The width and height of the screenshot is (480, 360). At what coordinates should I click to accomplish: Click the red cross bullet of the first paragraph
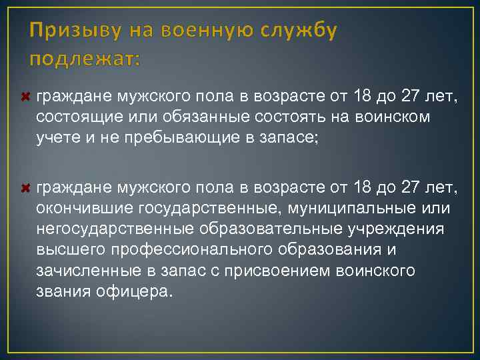(x=27, y=98)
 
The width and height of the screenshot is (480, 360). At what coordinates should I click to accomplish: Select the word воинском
(x=383, y=117)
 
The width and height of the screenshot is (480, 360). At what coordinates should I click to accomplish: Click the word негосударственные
(x=115, y=229)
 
